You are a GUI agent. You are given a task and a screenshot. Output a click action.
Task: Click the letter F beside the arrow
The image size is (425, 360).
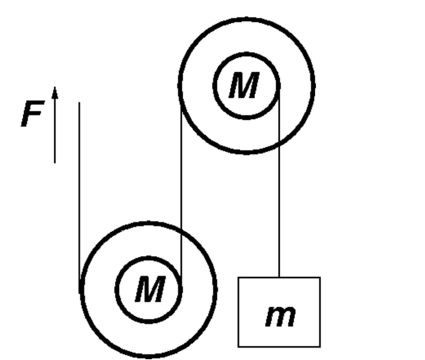point(32,113)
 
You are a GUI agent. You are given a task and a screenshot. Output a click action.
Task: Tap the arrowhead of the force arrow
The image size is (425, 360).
point(55,92)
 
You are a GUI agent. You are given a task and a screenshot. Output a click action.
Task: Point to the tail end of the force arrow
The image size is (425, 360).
point(55,163)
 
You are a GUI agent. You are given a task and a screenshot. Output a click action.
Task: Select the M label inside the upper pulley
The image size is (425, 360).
point(244,85)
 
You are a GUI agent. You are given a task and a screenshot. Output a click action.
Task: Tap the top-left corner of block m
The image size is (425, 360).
point(238,277)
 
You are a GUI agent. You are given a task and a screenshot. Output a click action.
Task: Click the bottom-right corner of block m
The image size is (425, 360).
point(320,347)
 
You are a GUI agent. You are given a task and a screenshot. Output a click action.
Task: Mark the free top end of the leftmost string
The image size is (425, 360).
point(79,102)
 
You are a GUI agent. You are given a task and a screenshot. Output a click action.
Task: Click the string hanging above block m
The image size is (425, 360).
point(279,181)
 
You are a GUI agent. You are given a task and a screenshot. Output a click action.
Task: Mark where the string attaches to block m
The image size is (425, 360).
point(279,277)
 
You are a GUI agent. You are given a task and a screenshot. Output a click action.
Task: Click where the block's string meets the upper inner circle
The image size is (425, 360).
point(279,86)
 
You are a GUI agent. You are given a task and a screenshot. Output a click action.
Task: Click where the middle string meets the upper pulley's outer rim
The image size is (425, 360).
point(181,105)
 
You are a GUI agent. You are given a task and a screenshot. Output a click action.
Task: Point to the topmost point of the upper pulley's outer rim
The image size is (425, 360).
point(246,18)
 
